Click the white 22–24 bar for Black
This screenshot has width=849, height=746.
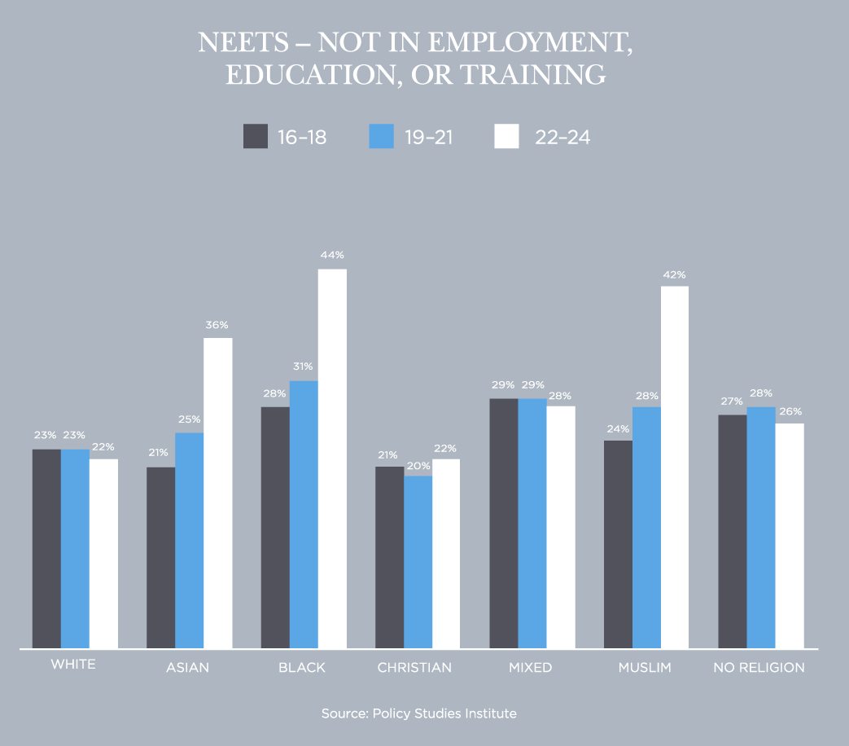332,459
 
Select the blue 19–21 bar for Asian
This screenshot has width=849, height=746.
189,541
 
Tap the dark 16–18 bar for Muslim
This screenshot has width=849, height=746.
618,545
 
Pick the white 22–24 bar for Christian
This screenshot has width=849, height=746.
446,554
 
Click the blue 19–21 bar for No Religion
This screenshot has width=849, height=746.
761,528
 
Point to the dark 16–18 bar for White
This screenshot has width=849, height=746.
46,549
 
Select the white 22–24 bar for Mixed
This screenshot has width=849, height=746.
561,527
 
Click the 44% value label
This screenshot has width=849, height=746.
332,255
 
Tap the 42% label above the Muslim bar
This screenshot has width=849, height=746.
674,274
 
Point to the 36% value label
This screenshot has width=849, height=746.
217,325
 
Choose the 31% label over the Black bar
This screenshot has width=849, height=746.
304,366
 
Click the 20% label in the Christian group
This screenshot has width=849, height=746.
418,466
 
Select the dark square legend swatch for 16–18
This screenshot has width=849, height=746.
256,136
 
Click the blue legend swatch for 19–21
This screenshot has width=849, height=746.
381,136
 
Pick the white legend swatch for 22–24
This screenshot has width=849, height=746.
506,136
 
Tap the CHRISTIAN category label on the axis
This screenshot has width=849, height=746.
414,668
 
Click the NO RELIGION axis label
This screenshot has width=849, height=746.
759,668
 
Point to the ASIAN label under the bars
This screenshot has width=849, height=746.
187,668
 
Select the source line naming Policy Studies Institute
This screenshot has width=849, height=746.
419,713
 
